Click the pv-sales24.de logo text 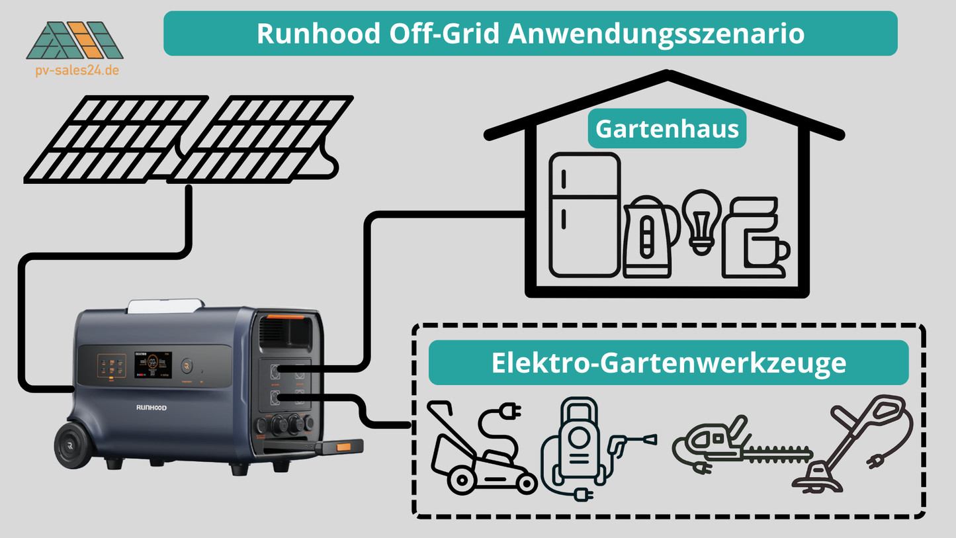click(x=77, y=70)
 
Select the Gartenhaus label click(x=667, y=128)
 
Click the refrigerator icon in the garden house click(x=585, y=214)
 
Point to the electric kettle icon click(x=649, y=237)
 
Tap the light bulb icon click(x=701, y=220)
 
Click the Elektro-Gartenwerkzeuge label click(x=668, y=363)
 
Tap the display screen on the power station click(x=153, y=366)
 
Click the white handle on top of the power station click(x=165, y=306)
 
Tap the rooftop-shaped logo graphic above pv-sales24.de click(x=75, y=41)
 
